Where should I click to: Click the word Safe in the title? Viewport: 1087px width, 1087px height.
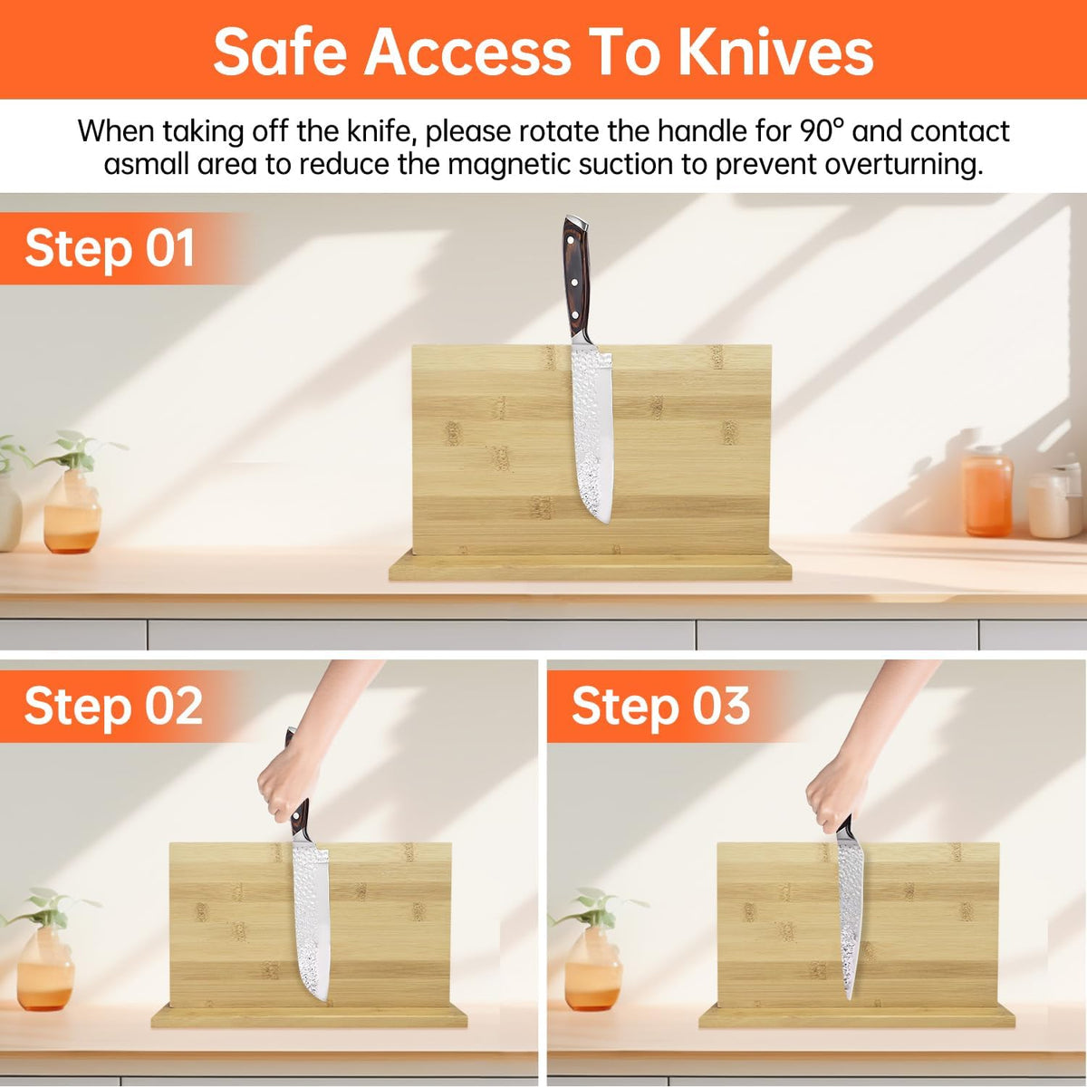[x=280, y=53]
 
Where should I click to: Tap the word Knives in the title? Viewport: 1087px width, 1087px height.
[x=775, y=53]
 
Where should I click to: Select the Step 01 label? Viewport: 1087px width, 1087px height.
[x=110, y=248]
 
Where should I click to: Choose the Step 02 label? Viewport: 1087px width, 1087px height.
[x=113, y=706]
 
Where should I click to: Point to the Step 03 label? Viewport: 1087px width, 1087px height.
[x=660, y=706]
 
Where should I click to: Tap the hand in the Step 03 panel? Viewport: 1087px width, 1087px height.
[x=832, y=792]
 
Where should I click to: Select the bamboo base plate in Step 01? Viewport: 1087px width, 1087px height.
[x=590, y=566]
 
